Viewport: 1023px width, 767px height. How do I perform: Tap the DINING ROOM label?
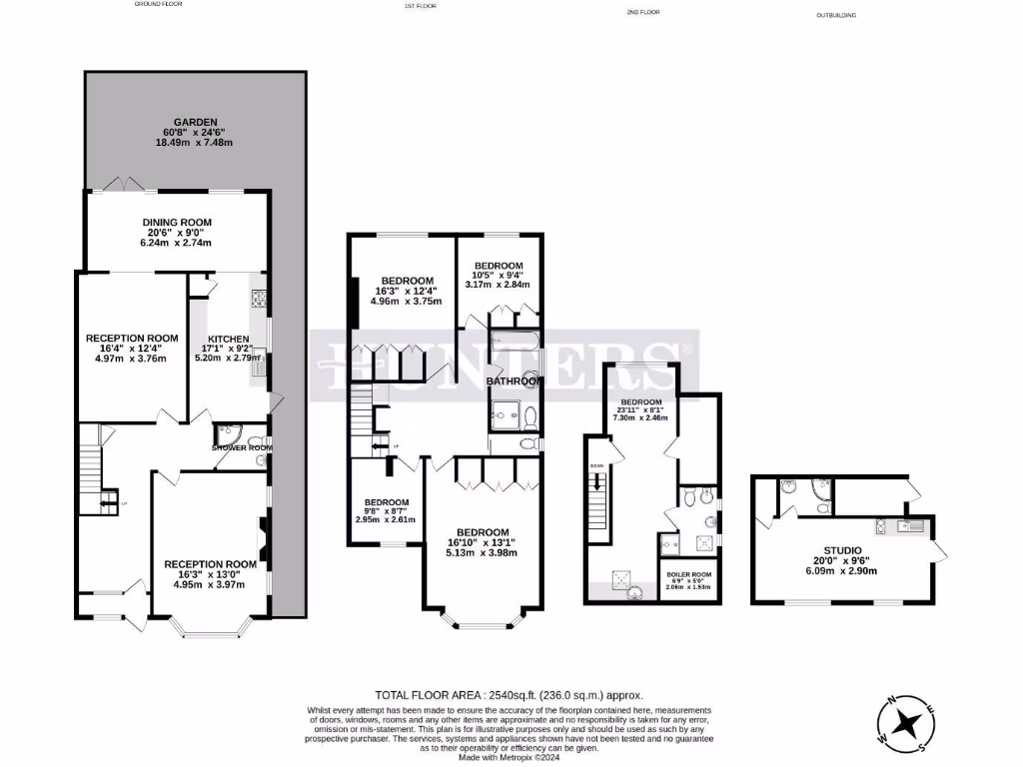pyautogui.click(x=175, y=222)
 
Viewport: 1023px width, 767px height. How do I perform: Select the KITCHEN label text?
pyautogui.click(x=228, y=339)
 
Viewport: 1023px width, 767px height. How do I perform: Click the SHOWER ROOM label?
pyautogui.click(x=242, y=447)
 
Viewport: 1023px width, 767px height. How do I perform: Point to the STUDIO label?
pyautogui.click(x=842, y=549)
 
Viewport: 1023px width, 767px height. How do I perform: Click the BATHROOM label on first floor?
pyautogui.click(x=514, y=381)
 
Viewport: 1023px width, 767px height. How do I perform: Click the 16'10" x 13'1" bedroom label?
pyautogui.click(x=483, y=531)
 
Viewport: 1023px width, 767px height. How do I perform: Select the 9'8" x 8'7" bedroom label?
pyautogui.click(x=386, y=501)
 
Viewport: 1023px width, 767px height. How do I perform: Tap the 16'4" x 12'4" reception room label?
pyautogui.click(x=131, y=338)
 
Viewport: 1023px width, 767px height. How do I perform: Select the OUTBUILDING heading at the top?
pyautogui.click(x=836, y=15)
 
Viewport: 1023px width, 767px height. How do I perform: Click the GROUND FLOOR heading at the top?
pyautogui.click(x=161, y=4)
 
